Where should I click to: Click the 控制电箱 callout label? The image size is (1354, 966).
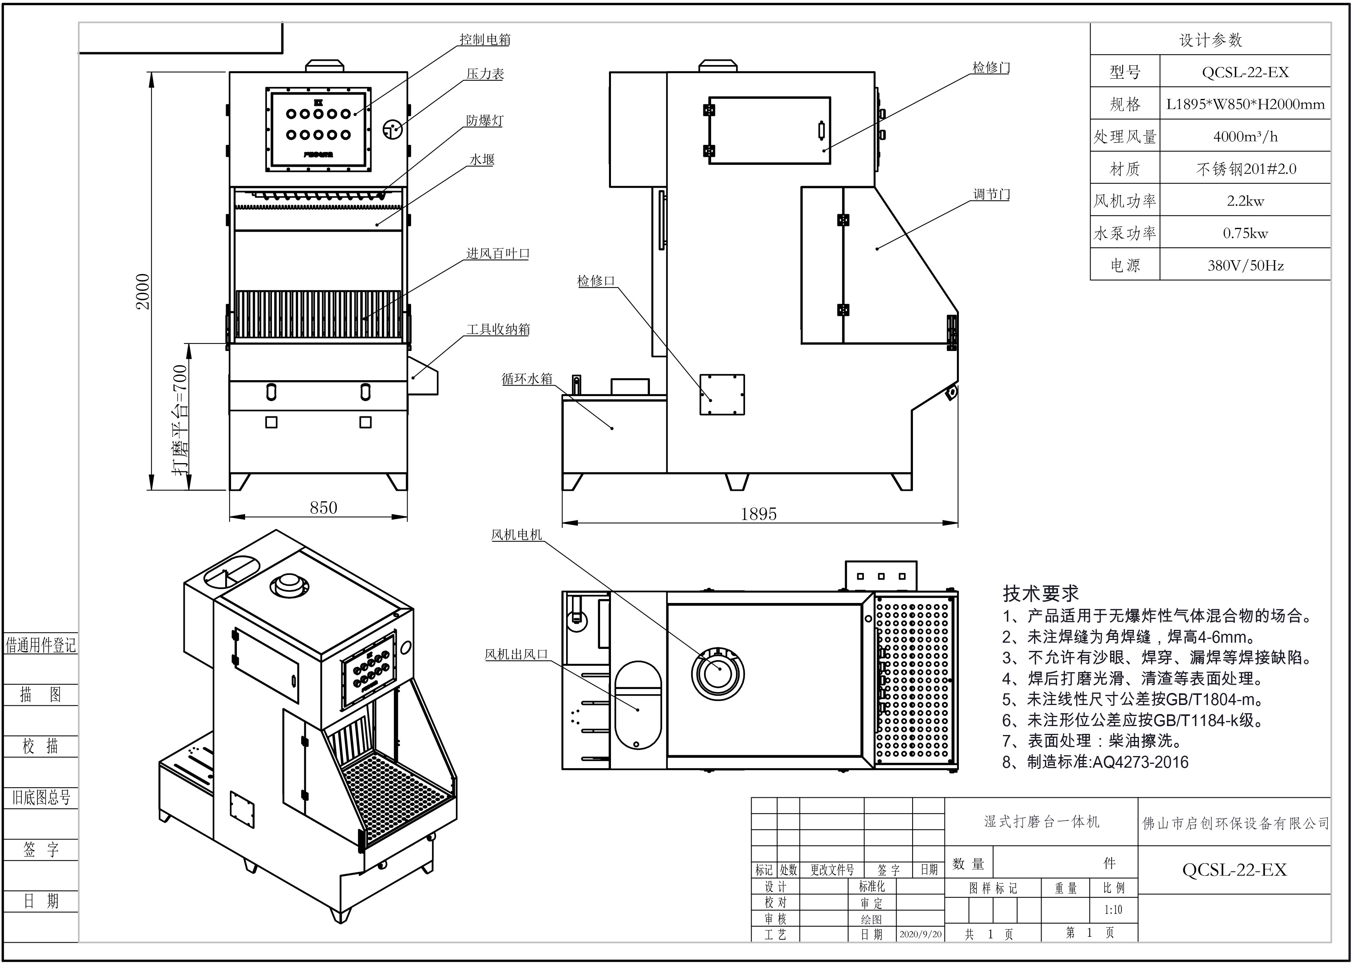(485, 39)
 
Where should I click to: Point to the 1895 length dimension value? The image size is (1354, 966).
(759, 514)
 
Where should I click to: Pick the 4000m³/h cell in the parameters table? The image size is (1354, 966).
(1245, 137)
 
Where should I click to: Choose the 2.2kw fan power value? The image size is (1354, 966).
(1245, 201)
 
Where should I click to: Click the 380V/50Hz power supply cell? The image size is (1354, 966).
(1245, 265)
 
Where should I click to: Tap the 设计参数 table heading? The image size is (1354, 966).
(1210, 40)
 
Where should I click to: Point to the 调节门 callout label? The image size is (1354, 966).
(991, 194)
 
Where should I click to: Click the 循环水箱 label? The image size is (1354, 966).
(527, 378)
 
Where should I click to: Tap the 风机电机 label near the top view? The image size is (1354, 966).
(516, 535)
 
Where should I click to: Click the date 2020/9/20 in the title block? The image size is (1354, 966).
(920, 934)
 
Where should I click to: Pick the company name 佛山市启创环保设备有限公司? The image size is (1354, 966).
(1235, 823)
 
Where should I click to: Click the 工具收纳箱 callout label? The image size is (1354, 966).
(498, 329)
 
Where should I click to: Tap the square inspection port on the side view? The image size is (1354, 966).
(722, 394)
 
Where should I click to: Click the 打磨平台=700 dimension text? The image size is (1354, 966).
(180, 420)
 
